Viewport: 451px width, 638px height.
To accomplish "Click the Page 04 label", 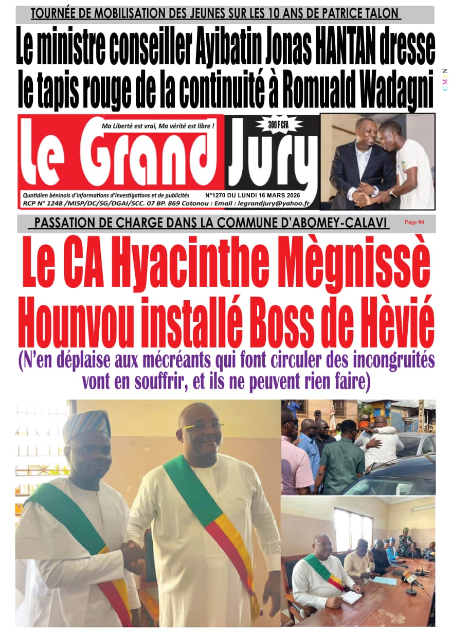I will point(414,222).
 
